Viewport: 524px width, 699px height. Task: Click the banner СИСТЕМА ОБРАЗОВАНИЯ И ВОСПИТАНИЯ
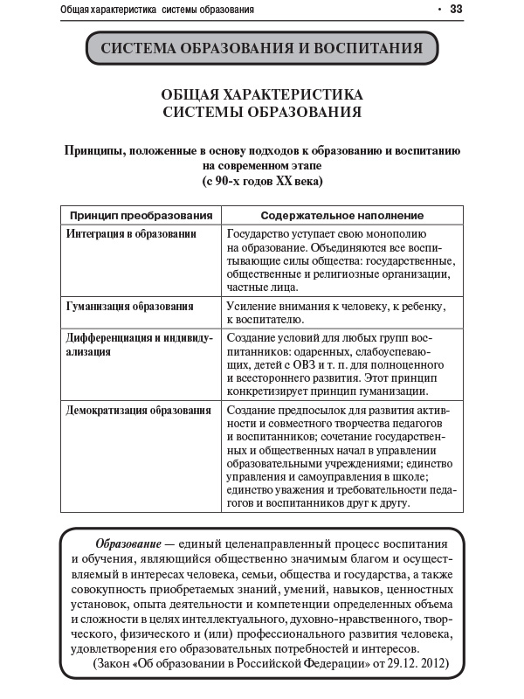point(261,48)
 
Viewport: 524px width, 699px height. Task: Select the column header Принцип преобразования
point(141,215)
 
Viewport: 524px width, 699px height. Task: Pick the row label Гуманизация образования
point(130,307)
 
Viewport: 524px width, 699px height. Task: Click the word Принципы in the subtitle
point(95,150)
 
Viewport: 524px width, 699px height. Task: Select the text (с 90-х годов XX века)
point(262,182)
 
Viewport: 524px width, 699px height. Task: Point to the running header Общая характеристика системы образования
point(158,10)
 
